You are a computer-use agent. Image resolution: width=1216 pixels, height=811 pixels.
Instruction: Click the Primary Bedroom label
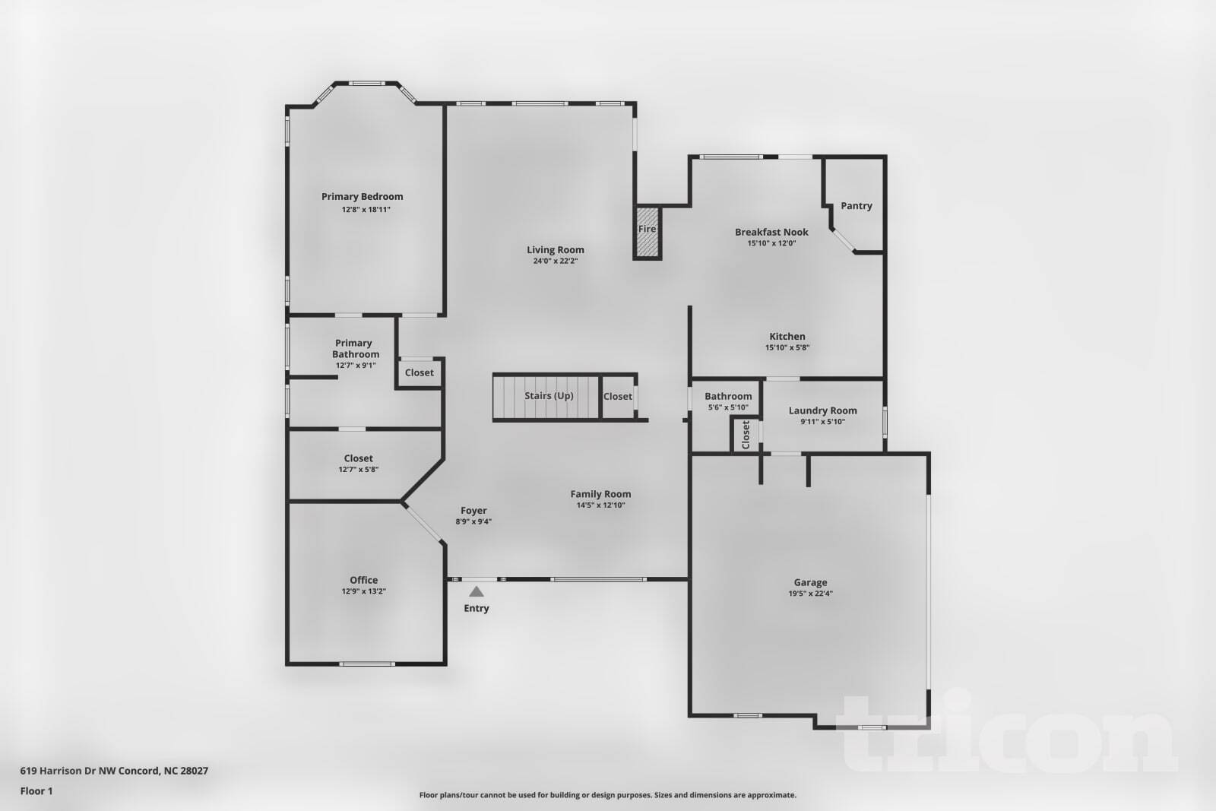pyautogui.click(x=362, y=197)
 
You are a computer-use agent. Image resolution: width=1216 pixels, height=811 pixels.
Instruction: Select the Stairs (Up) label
pyautogui.click(x=549, y=396)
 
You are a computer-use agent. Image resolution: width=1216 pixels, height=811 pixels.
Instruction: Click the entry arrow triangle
pyautogui.click(x=477, y=591)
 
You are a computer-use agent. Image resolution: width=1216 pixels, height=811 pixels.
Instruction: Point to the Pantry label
pyautogui.click(x=857, y=206)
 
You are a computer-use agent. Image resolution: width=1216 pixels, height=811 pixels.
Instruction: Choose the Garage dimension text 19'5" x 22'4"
pyautogui.click(x=810, y=594)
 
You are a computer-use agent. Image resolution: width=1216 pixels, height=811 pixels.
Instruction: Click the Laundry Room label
pyautogui.click(x=822, y=410)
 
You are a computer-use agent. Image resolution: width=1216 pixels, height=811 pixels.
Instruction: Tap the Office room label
pyautogui.click(x=363, y=580)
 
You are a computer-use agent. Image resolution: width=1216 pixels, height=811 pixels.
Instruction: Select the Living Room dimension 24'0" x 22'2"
pyautogui.click(x=556, y=261)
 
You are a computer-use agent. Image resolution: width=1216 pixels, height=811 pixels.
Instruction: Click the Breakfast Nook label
pyautogui.click(x=771, y=232)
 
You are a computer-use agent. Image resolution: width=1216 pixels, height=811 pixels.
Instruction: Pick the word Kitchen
pyautogui.click(x=787, y=336)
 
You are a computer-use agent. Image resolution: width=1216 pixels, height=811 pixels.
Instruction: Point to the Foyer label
pyautogui.click(x=473, y=511)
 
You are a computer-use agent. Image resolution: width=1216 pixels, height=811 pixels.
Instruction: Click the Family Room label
pyautogui.click(x=600, y=494)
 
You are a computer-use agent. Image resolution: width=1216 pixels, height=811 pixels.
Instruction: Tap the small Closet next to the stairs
pyautogui.click(x=617, y=396)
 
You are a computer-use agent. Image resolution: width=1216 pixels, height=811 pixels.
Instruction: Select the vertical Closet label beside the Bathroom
pyautogui.click(x=746, y=435)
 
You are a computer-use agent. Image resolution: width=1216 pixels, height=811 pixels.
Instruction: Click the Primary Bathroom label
pyautogui.click(x=355, y=348)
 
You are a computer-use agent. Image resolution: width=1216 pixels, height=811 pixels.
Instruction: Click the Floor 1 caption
pyautogui.click(x=36, y=790)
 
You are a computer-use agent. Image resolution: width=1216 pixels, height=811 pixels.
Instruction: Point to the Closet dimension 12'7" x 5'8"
pyautogui.click(x=358, y=470)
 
